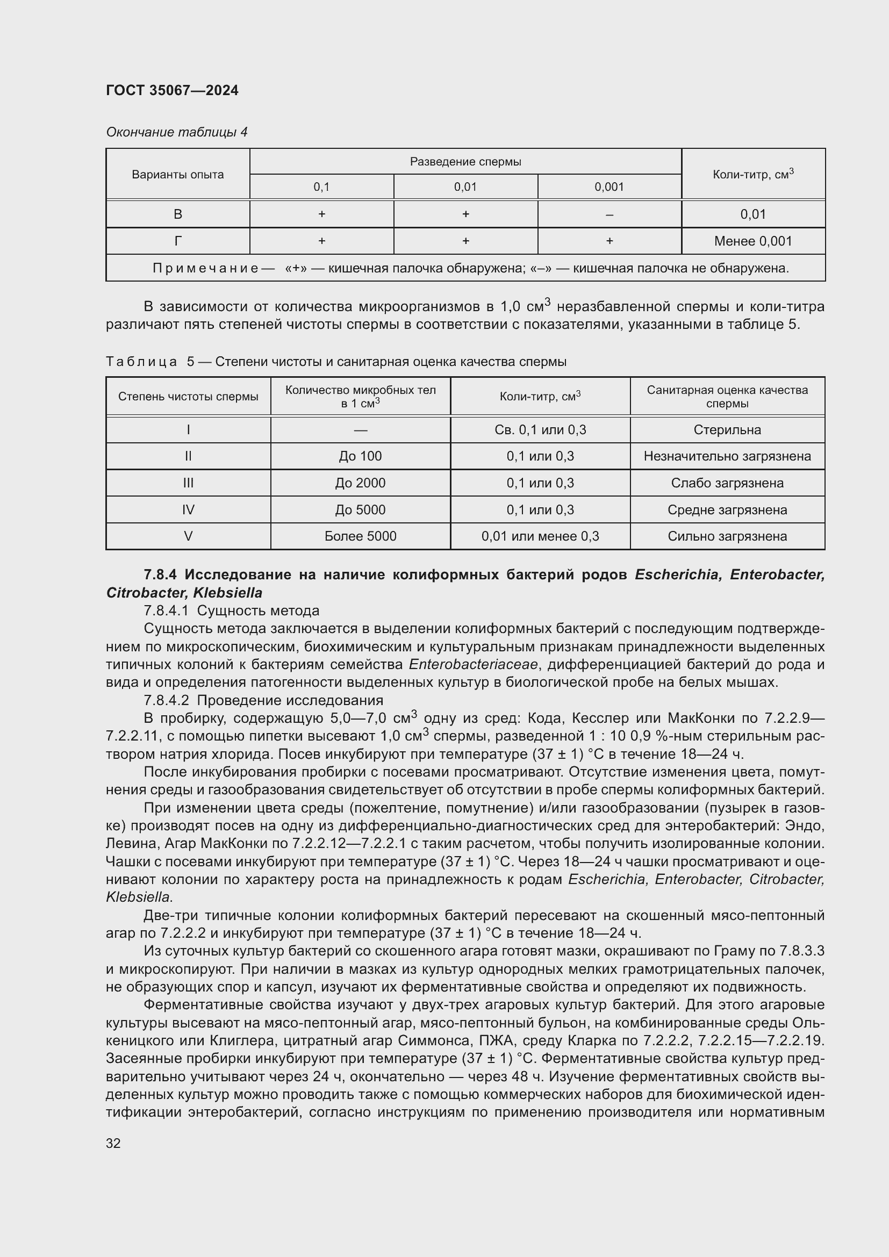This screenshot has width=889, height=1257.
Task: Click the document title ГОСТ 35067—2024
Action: (172, 90)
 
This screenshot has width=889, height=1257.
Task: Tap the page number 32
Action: (113, 1143)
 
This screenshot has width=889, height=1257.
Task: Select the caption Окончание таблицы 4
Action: (176, 132)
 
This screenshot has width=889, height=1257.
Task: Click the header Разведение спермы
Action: (465, 162)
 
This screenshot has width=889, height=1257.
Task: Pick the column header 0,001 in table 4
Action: (609, 186)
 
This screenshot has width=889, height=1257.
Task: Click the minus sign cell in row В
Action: (609, 214)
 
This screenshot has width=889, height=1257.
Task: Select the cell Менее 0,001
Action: (752, 241)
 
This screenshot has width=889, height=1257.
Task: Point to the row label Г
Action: (177, 241)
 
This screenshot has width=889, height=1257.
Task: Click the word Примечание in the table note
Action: (205, 268)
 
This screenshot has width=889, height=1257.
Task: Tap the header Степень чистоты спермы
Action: (188, 397)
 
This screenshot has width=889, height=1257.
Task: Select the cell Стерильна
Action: (727, 430)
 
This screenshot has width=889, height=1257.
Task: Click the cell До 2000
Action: (360, 483)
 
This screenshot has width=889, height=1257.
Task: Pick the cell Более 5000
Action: (360, 536)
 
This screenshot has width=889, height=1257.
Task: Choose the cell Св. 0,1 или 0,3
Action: (540, 430)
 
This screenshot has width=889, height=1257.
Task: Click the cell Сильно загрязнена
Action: (727, 536)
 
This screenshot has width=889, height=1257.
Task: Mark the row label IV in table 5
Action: (188, 509)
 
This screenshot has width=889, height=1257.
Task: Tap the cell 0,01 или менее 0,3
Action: (540, 536)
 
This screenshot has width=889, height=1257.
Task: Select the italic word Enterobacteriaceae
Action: (474, 664)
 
